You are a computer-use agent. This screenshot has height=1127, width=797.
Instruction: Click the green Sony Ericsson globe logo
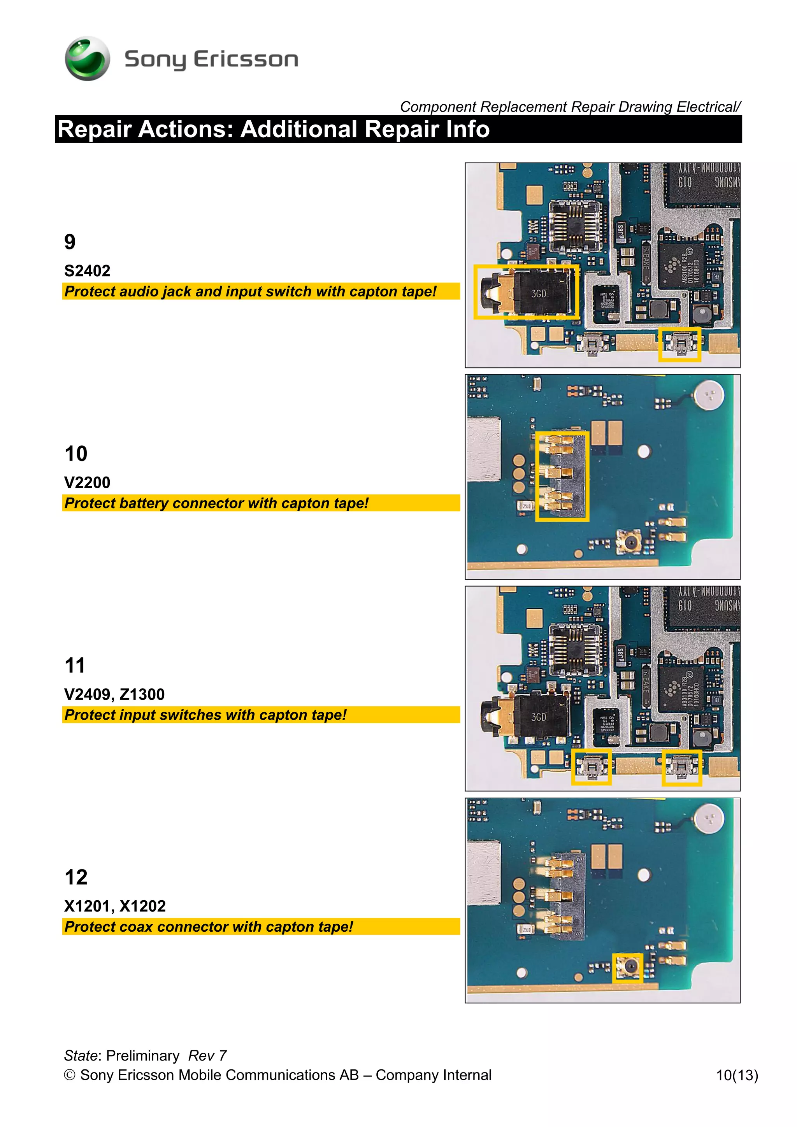pyautogui.click(x=88, y=58)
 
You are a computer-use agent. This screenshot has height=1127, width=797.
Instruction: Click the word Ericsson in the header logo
pyautogui.click(x=246, y=60)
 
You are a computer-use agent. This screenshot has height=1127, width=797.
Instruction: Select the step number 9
pyautogui.click(x=70, y=242)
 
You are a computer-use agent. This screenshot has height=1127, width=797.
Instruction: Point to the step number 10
pyautogui.click(x=75, y=454)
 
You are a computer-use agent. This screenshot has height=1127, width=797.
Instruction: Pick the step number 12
pyautogui.click(x=75, y=877)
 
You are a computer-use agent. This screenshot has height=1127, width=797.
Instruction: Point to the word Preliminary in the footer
pyautogui.click(x=143, y=1056)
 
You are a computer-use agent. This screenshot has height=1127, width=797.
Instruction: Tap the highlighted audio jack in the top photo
pyautogui.click(x=525, y=292)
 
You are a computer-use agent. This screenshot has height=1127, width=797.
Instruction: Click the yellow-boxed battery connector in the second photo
pyautogui.click(x=562, y=476)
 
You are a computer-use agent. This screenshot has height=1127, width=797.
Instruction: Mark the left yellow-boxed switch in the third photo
pyautogui.click(x=591, y=767)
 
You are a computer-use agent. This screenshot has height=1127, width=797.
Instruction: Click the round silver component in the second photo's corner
pyautogui.click(x=709, y=395)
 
